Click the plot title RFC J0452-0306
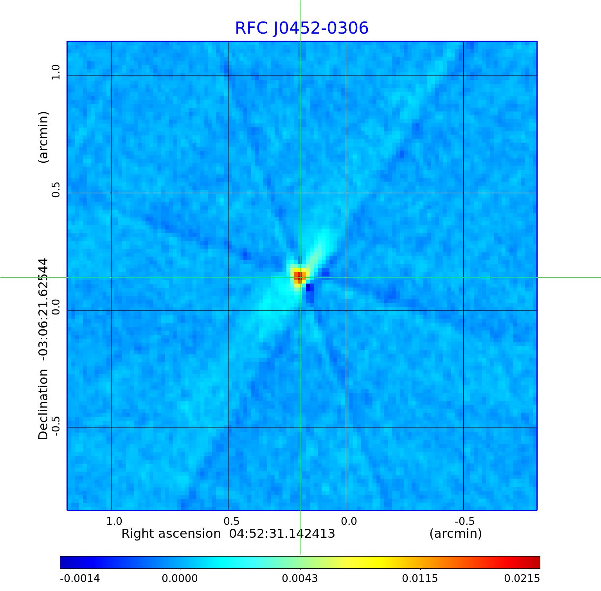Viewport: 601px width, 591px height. click(x=301, y=28)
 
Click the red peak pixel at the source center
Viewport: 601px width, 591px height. click(x=300, y=277)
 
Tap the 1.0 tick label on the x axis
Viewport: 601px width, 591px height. click(x=114, y=521)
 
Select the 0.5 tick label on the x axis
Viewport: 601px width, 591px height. click(x=231, y=521)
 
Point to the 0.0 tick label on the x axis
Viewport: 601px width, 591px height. click(x=349, y=521)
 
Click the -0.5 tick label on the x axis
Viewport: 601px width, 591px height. click(x=464, y=521)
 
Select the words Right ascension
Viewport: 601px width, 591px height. click(x=171, y=534)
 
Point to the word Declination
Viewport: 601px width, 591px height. click(x=43, y=404)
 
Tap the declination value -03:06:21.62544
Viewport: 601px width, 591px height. click(x=43, y=309)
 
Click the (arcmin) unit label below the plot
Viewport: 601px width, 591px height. click(x=455, y=534)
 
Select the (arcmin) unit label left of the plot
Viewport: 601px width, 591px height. click(x=43, y=137)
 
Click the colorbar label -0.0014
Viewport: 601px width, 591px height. click(x=80, y=578)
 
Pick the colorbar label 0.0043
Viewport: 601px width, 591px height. click(x=300, y=578)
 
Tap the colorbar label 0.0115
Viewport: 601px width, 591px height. click(x=420, y=578)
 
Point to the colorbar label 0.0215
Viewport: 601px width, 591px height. click(x=522, y=578)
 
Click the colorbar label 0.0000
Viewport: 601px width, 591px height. click(x=180, y=578)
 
